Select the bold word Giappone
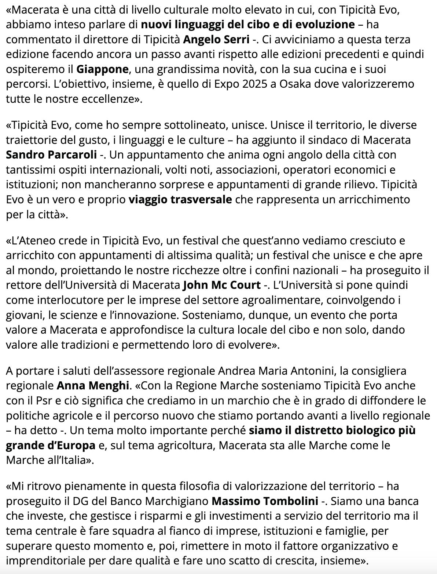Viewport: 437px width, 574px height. coord(103,69)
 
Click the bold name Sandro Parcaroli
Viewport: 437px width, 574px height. coord(51,155)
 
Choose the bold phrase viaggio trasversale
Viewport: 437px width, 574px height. coord(180,200)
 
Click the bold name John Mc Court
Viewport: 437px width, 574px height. coord(221,285)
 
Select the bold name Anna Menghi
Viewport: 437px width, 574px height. coord(93,386)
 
